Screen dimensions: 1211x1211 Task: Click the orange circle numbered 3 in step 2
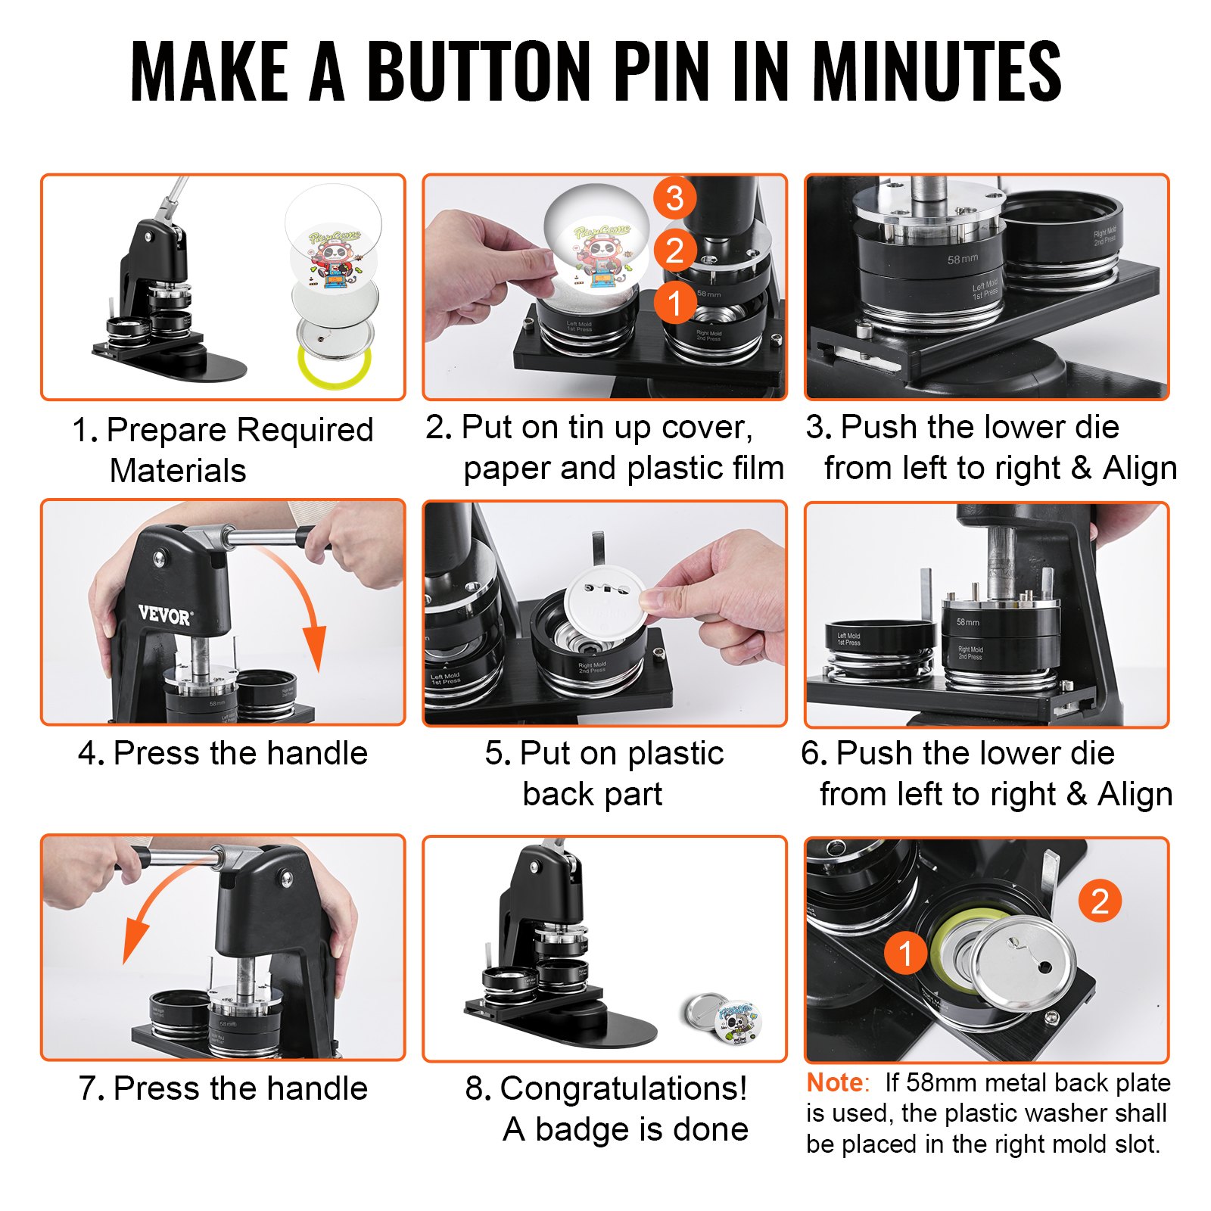674,198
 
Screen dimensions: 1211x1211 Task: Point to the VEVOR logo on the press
165,615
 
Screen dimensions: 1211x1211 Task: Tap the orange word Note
834,1083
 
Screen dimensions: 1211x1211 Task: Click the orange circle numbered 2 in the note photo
1099,901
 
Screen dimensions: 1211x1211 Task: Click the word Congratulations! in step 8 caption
623,1089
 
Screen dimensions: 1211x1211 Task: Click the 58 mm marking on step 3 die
962,260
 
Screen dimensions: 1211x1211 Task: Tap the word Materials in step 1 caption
178,471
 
